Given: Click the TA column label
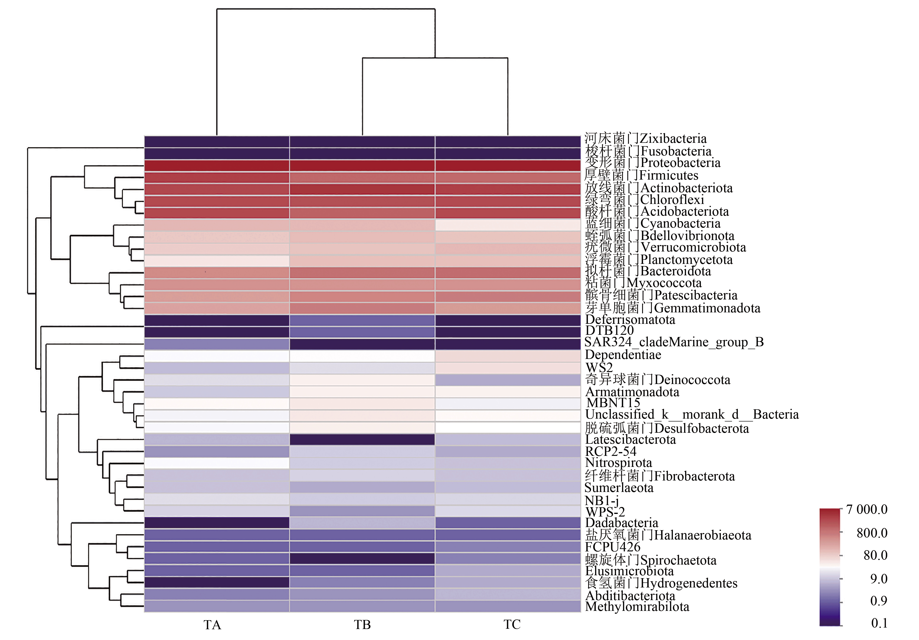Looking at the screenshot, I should [x=212, y=625].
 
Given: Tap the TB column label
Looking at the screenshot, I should [x=362, y=625].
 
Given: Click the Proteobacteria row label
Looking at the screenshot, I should [x=652, y=163].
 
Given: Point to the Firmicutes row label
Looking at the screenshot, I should [x=641, y=176].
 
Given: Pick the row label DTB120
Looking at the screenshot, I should [x=609, y=331].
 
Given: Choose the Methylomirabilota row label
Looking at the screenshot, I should [x=637, y=607].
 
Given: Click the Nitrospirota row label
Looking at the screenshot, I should [x=618, y=463].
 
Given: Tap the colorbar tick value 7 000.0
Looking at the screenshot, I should [x=866, y=509].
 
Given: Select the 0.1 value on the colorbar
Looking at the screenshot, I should [x=879, y=623].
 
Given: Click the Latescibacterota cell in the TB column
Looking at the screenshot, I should [x=362, y=440].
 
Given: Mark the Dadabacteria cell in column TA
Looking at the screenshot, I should [x=217, y=523].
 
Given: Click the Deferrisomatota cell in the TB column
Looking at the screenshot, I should [x=362, y=320].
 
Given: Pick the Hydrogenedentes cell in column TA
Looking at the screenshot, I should [x=217, y=582].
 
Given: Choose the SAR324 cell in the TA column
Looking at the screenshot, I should [x=217, y=344].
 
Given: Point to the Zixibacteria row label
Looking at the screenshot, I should [x=645, y=139].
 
